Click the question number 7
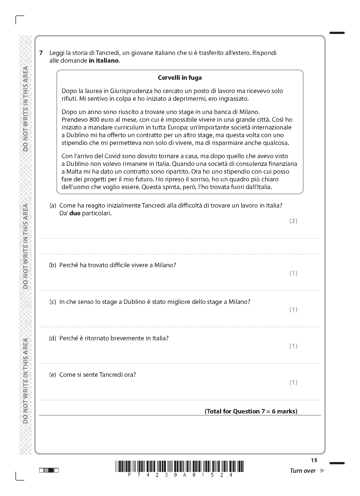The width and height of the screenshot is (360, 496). pos(41,53)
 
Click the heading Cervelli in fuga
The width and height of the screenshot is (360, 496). pos(180,78)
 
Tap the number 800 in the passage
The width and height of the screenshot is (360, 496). pos(94,120)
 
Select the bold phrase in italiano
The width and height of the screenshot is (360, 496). pos(104,61)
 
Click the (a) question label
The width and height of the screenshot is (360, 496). pos(53,206)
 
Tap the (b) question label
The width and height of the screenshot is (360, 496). pos(53,265)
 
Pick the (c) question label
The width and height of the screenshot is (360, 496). pos(53,302)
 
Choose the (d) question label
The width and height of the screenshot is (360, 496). pos(53,338)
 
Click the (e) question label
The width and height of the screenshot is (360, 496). pos(53,375)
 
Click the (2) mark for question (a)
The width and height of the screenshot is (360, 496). pos(293,221)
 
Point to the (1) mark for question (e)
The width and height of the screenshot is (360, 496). pos(293,383)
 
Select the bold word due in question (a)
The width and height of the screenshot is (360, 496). pos(75,213)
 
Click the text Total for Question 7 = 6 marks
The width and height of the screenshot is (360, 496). pos(251,412)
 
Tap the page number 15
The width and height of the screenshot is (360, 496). pos(314,460)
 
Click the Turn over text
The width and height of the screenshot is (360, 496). pos(303,471)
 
